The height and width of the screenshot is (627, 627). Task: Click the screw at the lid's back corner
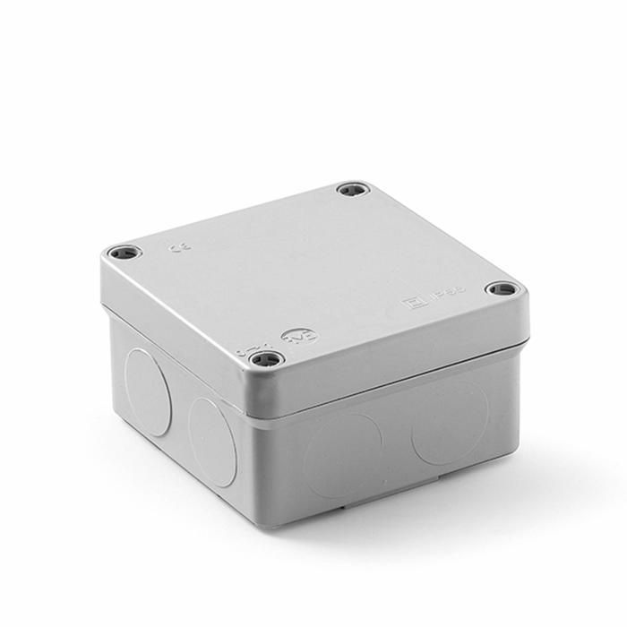353,190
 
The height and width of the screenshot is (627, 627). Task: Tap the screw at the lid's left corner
123,253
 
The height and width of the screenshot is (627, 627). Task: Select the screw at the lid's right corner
502,289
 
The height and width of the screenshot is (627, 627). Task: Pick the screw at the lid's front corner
265,360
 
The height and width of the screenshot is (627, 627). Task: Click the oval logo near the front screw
292,337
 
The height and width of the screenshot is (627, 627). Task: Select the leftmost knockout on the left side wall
147,391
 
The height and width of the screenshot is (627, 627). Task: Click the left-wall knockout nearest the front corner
213,441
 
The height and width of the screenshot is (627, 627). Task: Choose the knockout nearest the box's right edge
450,424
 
